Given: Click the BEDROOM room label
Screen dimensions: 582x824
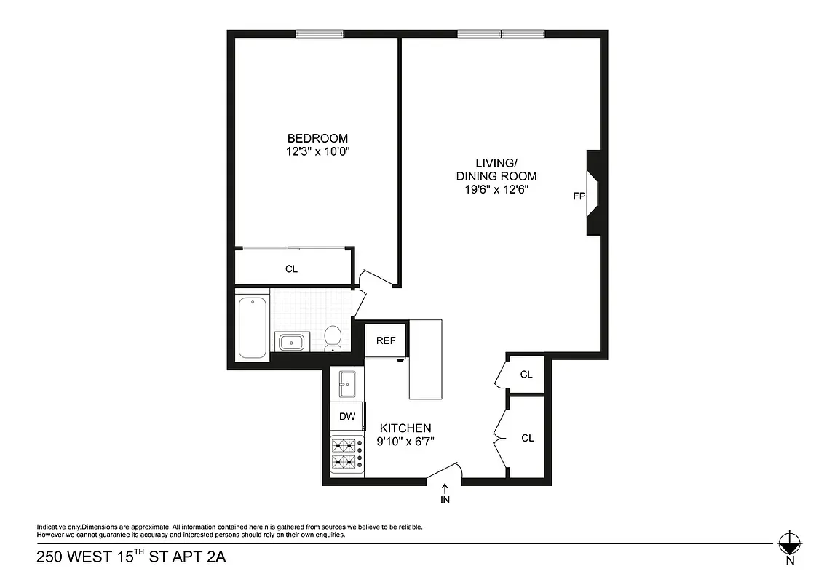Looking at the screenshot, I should click(317, 138).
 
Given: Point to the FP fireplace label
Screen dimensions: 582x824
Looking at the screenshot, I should click(579, 196).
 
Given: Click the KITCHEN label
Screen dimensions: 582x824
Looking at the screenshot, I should click(403, 428).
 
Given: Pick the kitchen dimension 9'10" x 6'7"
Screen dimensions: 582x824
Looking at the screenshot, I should click(405, 441).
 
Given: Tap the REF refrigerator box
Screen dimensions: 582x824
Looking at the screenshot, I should click(385, 340).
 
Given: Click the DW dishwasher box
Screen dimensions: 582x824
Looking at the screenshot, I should click(347, 417).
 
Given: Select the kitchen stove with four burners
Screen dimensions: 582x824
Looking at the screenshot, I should click(347, 454).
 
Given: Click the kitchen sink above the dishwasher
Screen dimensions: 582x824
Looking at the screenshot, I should click(347, 383).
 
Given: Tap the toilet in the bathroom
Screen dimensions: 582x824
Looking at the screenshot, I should click(333, 338).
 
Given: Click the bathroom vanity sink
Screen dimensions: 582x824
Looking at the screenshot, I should click(292, 341).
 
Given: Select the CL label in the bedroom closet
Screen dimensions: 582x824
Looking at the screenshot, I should click(291, 268).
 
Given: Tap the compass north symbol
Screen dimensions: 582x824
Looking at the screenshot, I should click(789, 543).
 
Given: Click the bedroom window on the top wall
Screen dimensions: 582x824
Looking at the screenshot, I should click(319, 33).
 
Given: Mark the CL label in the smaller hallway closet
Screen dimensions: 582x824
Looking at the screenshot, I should click(526, 375).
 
